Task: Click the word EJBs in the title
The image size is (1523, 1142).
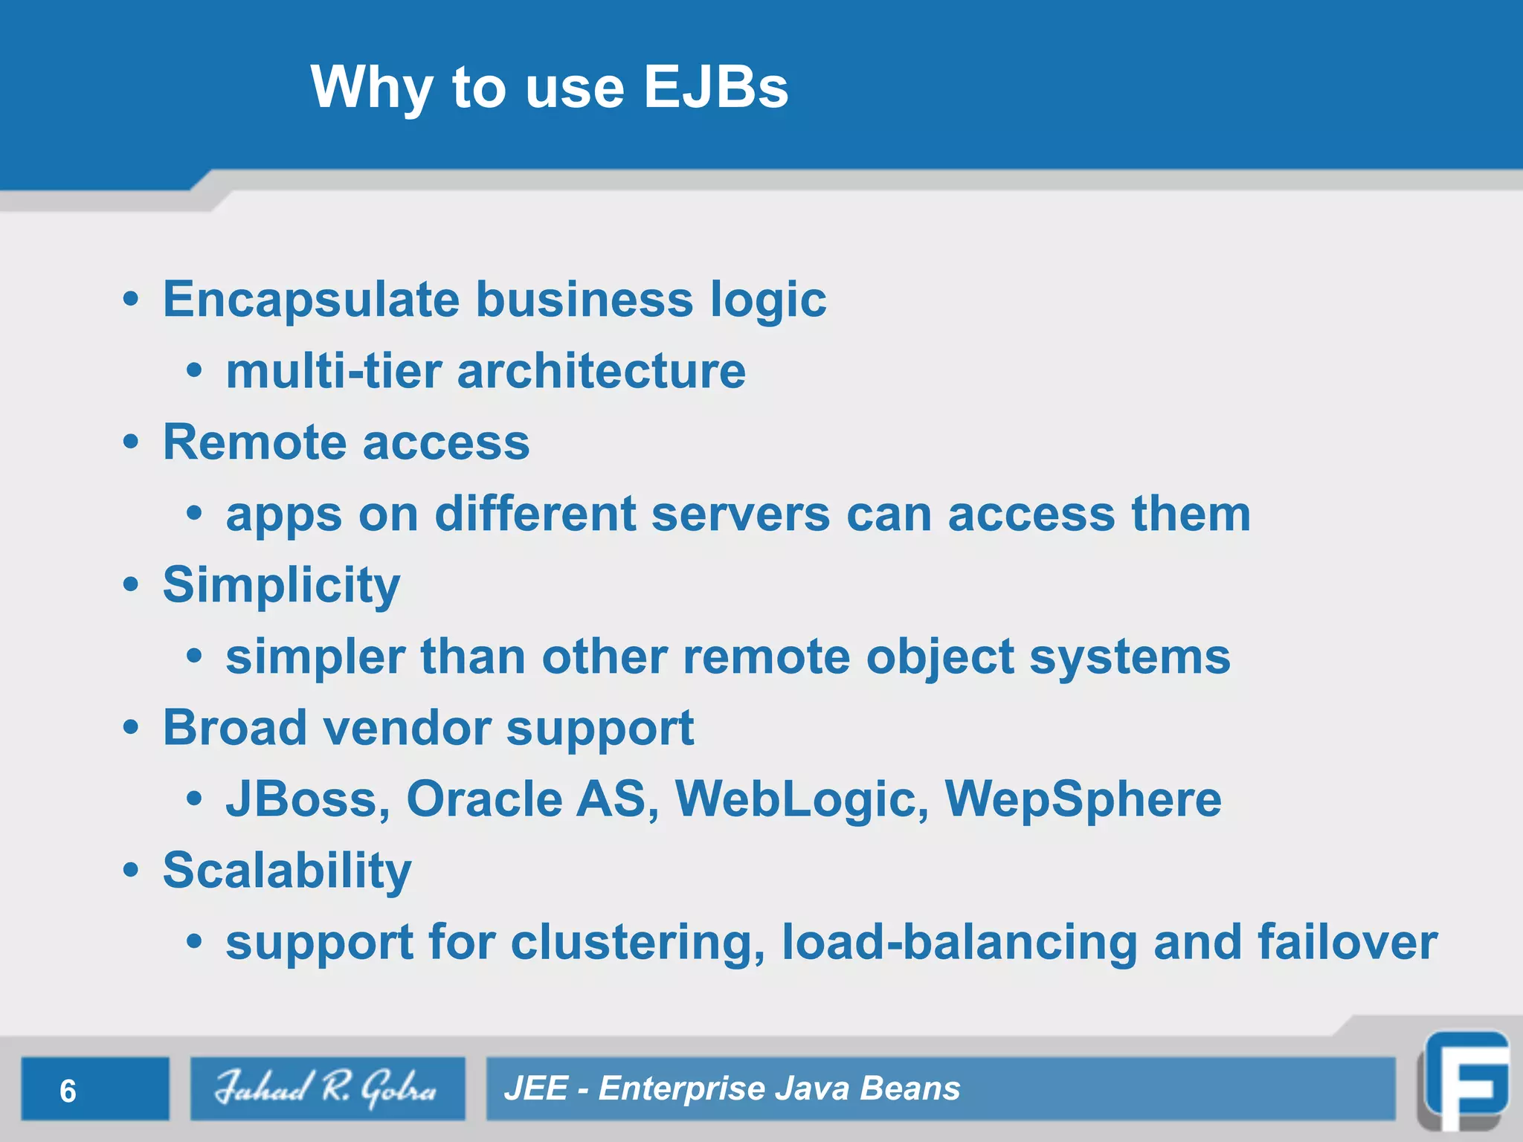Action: coord(715,87)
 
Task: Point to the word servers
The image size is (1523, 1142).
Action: coord(740,514)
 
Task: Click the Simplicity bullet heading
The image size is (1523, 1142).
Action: coord(281,585)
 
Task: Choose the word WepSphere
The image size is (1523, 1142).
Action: coord(1083,799)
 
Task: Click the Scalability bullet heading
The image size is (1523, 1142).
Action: coord(286,870)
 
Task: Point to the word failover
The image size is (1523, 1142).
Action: coord(1347,942)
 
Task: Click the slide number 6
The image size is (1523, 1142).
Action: coord(68,1091)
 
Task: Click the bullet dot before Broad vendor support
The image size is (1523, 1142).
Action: coord(131,729)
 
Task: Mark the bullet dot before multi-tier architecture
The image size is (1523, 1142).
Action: coord(194,371)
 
